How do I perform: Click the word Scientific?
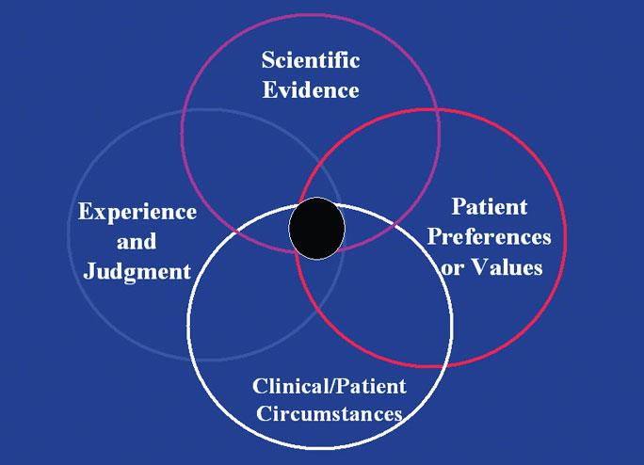(x=311, y=60)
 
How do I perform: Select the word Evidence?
(x=311, y=90)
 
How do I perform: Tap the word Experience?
(x=137, y=213)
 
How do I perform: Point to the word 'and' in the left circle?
(x=137, y=242)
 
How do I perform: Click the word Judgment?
(x=137, y=272)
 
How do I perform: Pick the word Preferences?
(x=490, y=237)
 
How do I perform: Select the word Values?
(x=507, y=267)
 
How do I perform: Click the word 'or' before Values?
(x=453, y=269)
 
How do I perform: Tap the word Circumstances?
(x=330, y=413)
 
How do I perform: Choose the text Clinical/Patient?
(x=330, y=386)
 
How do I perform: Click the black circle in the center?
(x=316, y=229)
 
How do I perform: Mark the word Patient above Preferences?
(x=490, y=207)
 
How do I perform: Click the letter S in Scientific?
(x=268, y=60)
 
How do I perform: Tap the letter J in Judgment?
(x=89, y=271)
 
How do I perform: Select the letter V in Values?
(x=478, y=267)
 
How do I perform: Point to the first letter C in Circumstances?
(x=264, y=413)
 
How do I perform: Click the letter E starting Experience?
(x=86, y=211)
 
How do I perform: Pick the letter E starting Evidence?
(x=270, y=90)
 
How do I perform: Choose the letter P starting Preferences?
(x=434, y=237)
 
